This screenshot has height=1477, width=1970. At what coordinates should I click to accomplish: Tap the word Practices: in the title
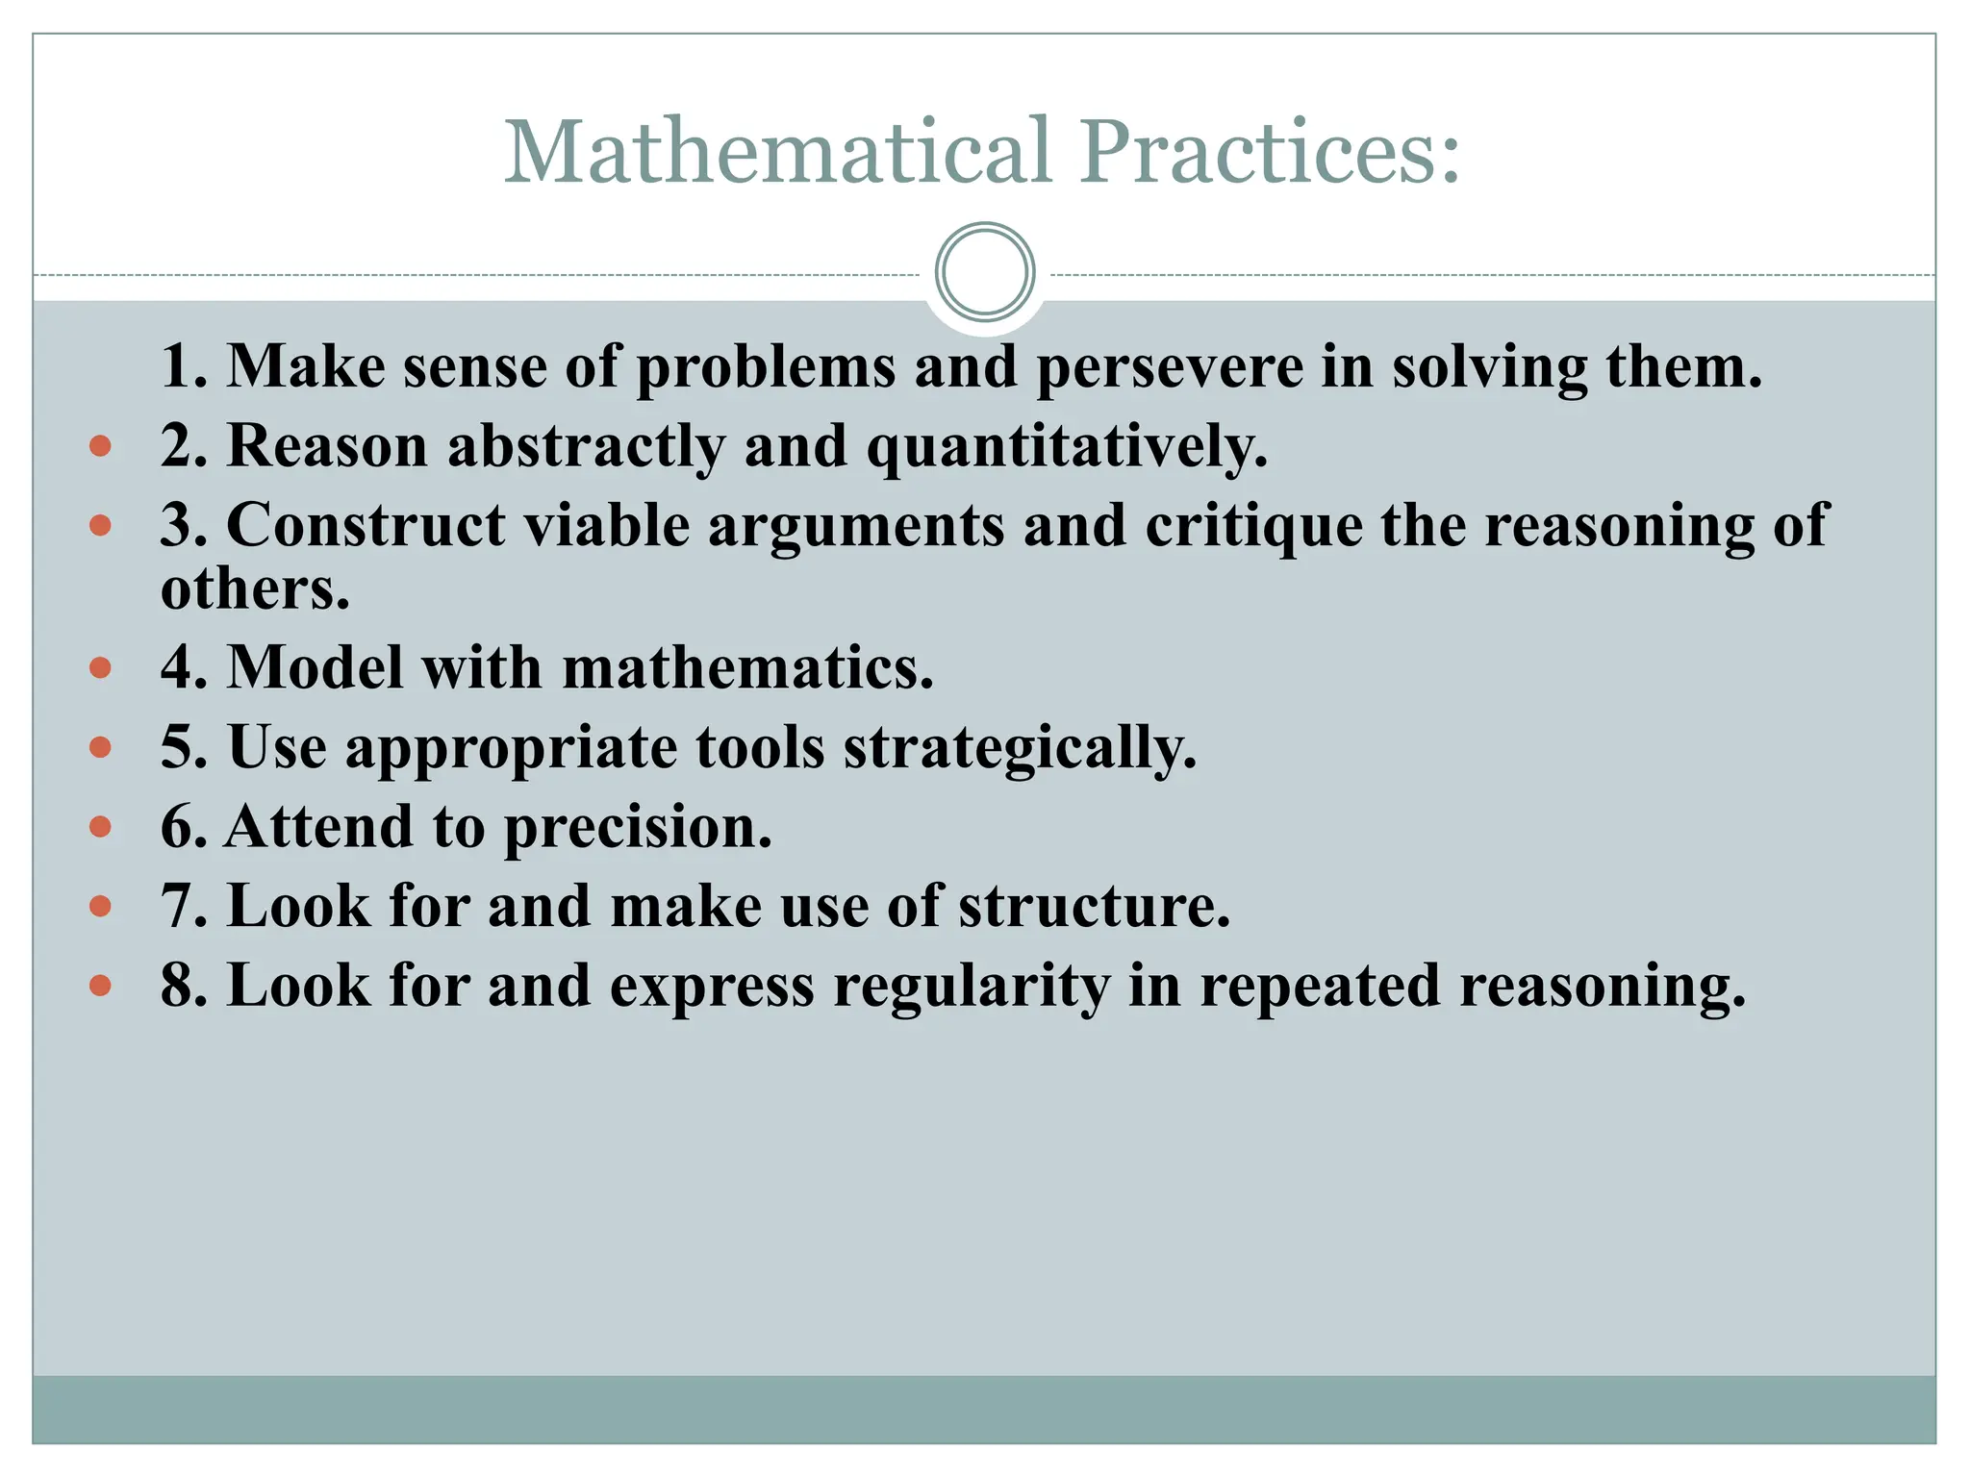click(1269, 151)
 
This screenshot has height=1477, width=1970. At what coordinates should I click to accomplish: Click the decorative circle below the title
click(984, 271)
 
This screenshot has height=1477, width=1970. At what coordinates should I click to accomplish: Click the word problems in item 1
click(765, 368)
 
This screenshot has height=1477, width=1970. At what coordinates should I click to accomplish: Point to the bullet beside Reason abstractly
click(100, 446)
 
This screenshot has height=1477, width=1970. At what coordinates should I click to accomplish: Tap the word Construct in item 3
click(366, 526)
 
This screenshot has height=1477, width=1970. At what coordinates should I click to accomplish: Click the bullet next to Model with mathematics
click(100, 667)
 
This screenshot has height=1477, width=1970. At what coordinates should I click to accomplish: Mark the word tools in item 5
click(760, 747)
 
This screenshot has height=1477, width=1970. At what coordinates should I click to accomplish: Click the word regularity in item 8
click(972, 988)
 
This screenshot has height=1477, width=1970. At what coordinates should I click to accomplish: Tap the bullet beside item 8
click(100, 986)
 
